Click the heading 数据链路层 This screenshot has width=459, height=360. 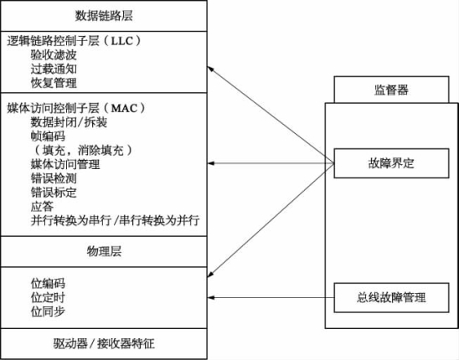click(104, 16)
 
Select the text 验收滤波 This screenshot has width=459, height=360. click(54, 54)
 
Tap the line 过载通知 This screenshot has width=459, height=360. click(54, 69)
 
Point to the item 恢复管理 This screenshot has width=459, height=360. click(54, 83)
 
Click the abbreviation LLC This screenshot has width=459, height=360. click(122, 41)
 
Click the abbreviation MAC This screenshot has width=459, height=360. click(125, 109)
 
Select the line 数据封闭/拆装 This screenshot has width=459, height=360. click(69, 122)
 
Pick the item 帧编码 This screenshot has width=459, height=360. click(48, 136)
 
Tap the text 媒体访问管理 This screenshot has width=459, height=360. click(65, 164)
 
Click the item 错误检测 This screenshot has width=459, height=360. click(54, 178)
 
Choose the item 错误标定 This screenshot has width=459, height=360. click(54, 193)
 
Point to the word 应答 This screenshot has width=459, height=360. click(42, 207)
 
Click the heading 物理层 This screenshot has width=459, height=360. click(104, 251)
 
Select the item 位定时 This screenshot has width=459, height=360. click(48, 298)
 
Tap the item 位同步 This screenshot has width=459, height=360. click(48, 311)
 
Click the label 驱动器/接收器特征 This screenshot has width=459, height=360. click(104, 343)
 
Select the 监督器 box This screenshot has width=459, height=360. click(391, 90)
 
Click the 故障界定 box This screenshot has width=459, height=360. click(391, 163)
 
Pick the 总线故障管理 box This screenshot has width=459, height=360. click(391, 298)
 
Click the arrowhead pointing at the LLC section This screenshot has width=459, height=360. click(210, 69)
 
